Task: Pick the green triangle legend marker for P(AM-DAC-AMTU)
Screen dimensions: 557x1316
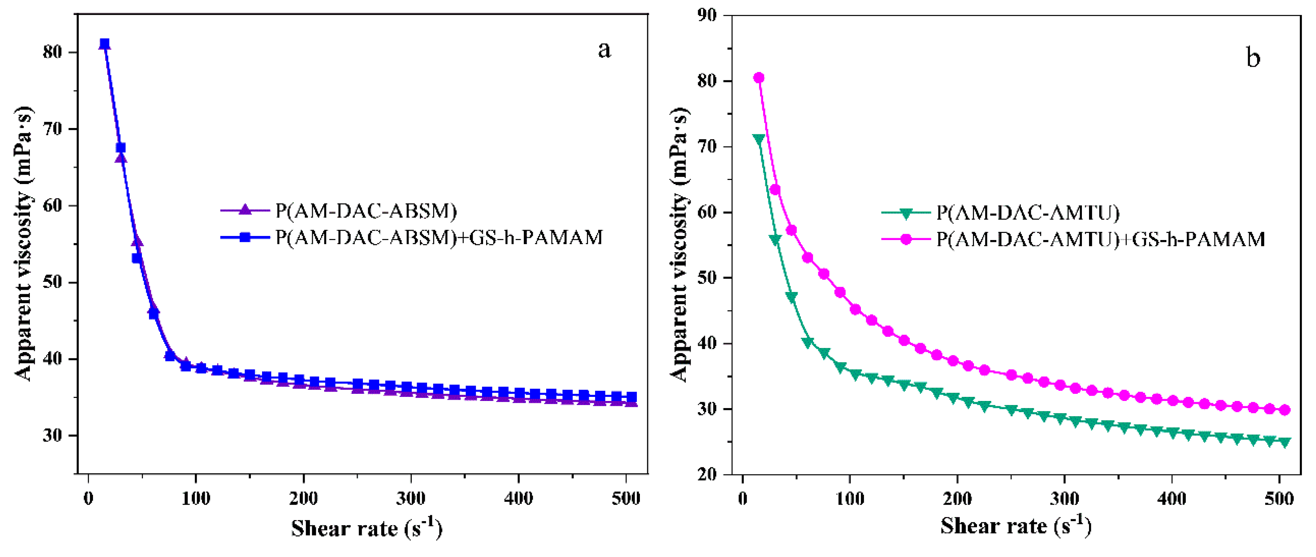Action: click(x=906, y=213)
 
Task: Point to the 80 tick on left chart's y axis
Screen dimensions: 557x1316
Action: click(x=52, y=52)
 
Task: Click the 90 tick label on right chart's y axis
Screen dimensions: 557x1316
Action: click(x=707, y=15)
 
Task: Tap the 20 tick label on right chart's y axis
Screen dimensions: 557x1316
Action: click(x=707, y=474)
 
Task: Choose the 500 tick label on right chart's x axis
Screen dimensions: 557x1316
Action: click(x=1279, y=498)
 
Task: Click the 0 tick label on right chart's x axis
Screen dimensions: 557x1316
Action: click(x=742, y=498)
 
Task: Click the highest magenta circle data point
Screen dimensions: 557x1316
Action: click(x=759, y=78)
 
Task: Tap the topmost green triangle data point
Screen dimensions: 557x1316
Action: click(x=759, y=139)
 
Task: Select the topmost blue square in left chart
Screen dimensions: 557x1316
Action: click(x=104, y=44)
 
